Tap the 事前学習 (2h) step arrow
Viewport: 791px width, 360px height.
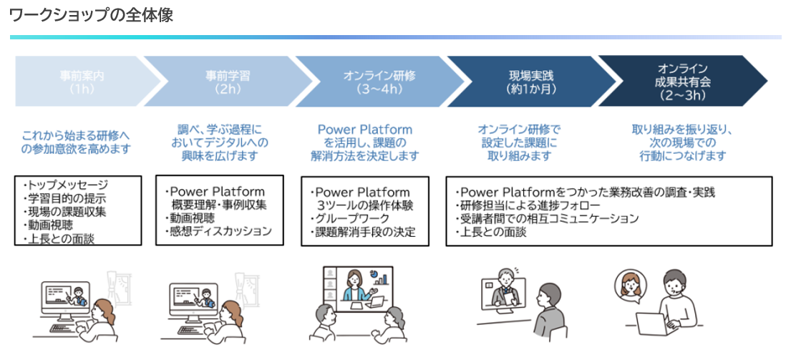point(227,81)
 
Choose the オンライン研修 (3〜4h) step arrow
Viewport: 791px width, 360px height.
point(379,81)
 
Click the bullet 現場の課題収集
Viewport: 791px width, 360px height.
point(65,212)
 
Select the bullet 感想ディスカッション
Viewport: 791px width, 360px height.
point(218,231)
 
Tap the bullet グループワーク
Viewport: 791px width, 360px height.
point(349,219)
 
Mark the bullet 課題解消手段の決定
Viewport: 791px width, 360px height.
point(363,233)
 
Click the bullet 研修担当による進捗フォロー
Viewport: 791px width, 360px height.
point(528,205)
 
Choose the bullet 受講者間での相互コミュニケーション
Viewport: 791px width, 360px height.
point(547,219)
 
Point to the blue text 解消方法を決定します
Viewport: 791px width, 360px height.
point(365,156)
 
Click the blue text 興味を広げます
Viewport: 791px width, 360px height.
point(220,156)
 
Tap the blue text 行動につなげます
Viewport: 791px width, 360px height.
point(682,156)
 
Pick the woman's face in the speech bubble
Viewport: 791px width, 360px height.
point(631,286)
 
